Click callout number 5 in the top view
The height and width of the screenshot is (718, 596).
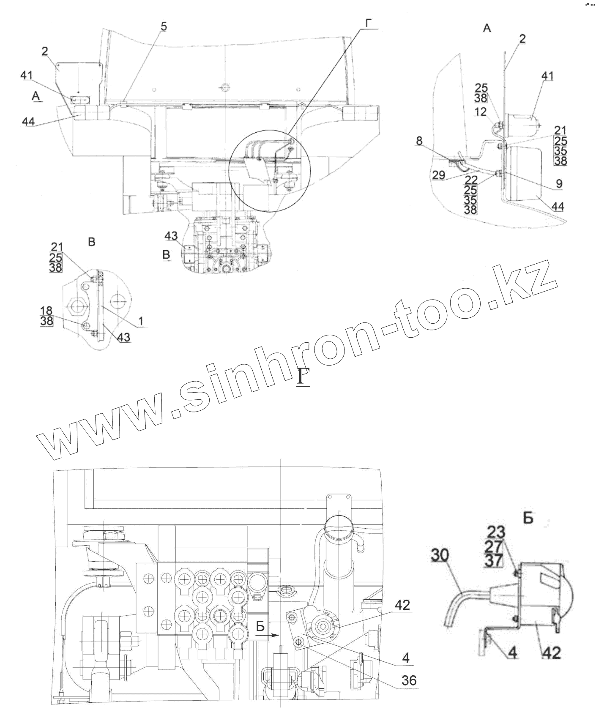pos(164,27)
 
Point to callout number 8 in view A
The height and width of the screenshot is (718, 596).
pos(419,141)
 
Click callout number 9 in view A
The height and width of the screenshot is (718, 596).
pos(559,183)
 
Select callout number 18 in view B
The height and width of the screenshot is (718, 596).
pos(46,311)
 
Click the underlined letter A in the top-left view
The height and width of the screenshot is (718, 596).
pos(37,97)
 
